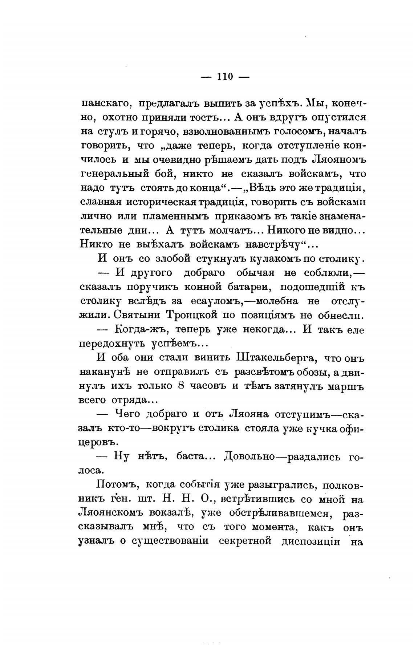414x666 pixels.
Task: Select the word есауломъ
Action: click(x=214, y=301)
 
